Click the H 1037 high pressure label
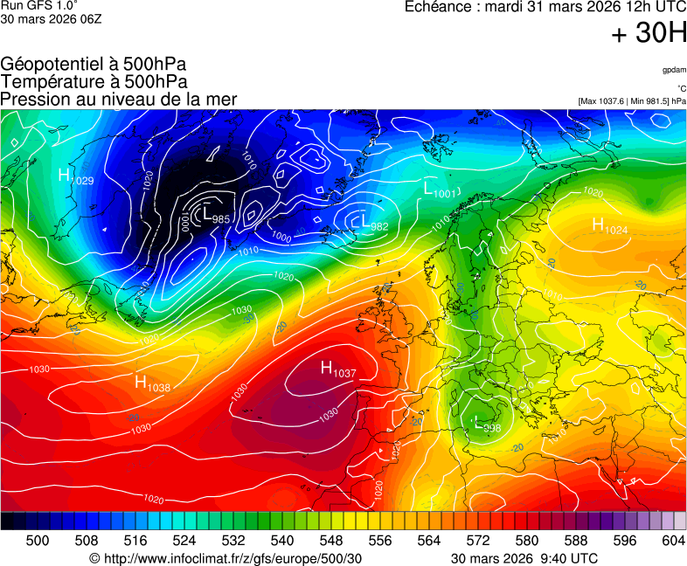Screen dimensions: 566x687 tap(338, 369)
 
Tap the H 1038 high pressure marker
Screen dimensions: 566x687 tap(152, 383)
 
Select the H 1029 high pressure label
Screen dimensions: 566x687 tap(75, 176)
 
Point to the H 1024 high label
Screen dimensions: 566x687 tap(610, 226)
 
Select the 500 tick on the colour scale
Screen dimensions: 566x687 tap(38, 541)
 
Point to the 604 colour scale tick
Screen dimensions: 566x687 tap(673, 541)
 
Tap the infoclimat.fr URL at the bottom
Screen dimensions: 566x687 tap(226, 558)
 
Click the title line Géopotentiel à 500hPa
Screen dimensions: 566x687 tap(94, 65)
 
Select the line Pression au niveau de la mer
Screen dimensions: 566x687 tap(119, 100)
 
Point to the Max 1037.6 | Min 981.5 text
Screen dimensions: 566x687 tap(631, 101)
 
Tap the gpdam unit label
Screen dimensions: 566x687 tap(673, 70)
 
